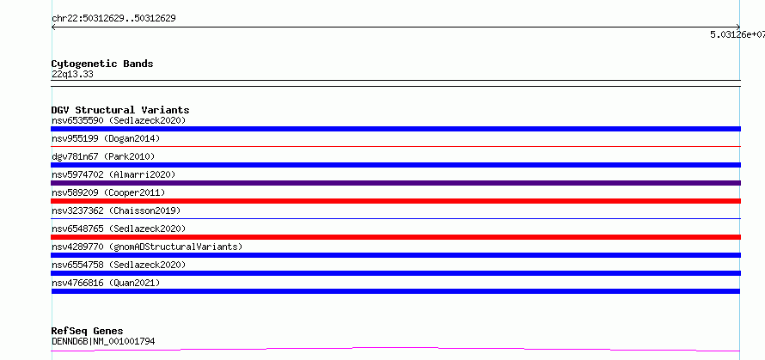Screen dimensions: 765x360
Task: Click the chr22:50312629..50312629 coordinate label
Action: click(113, 19)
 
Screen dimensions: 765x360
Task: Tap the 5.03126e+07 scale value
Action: click(737, 34)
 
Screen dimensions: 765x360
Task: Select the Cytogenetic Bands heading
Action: click(102, 64)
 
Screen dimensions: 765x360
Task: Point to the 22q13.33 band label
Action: click(72, 75)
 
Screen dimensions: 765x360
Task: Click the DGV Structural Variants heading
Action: click(120, 110)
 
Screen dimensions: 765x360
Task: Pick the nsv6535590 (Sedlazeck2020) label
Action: click(119, 120)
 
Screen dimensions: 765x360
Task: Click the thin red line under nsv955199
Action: click(395, 146)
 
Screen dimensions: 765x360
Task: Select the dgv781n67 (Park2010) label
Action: click(103, 156)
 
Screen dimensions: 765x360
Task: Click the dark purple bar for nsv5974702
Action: click(395, 183)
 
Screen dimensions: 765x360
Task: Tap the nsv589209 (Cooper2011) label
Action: click(108, 192)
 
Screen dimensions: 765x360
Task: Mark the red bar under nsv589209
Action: click(395, 201)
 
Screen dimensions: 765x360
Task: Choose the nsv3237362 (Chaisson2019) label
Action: click(116, 211)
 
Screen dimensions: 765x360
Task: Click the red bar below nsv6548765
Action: click(395, 237)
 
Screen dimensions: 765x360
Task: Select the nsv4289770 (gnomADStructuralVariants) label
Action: click(147, 247)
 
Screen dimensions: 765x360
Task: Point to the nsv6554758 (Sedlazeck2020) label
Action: click(119, 265)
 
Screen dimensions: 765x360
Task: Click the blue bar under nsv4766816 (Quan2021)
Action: click(395, 291)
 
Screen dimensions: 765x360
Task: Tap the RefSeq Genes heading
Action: click(87, 331)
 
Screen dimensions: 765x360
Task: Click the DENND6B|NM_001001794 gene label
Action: click(103, 341)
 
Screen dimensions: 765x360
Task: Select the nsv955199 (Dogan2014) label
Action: click(106, 138)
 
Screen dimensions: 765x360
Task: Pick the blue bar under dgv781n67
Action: click(395, 165)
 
